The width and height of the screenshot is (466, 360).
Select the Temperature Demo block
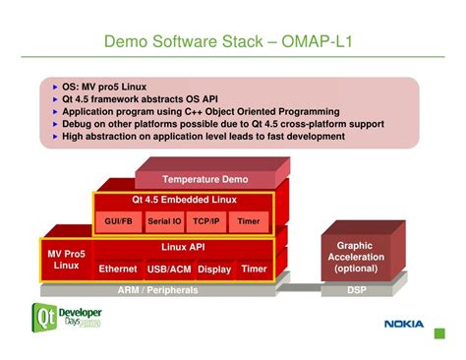tap(205, 180)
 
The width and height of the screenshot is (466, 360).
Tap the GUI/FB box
tap(119, 221)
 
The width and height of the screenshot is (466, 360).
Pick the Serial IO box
tap(164, 221)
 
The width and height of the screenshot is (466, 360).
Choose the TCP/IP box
tap(206, 221)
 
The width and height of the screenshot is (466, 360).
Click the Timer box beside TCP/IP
tap(249, 221)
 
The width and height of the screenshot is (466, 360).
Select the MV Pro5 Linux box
tap(66, 260)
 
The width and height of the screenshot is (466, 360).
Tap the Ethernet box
tap(118, 269)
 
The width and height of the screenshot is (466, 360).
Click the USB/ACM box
tap(169, 269)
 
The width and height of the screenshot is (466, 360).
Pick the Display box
tap(214, 269)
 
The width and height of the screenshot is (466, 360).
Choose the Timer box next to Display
tap(254, 269)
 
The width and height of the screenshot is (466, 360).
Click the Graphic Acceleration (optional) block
tap(355, 257)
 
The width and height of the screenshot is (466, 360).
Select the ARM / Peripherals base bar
tap(158, 290)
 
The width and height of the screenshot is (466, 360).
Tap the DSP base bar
tap(356, 290)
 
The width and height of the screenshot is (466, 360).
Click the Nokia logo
tap(403, 324)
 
